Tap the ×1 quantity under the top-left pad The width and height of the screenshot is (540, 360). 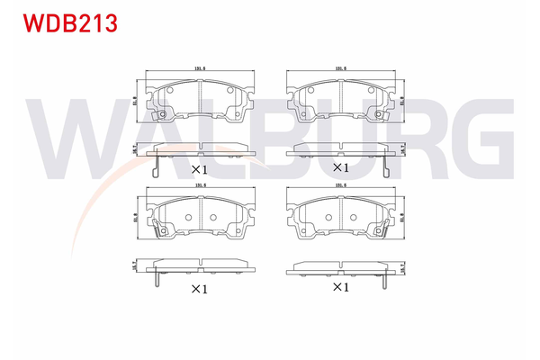pos(199,168)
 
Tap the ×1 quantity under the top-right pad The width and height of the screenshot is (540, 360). pos(340,167)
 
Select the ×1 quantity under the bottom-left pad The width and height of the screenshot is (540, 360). pos(199,289)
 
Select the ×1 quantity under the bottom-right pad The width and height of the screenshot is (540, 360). pos(340,287)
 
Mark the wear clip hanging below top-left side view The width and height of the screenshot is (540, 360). pos(157,166)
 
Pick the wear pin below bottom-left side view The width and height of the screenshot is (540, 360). pos(158,279)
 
